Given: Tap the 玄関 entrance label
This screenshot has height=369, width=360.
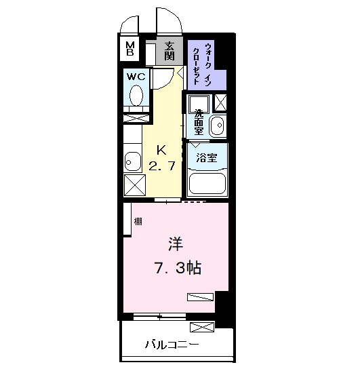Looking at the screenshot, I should (x=169, y=49).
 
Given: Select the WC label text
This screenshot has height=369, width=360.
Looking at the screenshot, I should (x=134, y=77).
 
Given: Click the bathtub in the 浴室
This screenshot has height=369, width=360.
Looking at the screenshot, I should (x=207, y=182).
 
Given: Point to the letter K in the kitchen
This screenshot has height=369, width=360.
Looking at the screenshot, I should (x=162, y=150).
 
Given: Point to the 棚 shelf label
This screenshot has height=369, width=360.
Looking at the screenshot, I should (x=138, y=221).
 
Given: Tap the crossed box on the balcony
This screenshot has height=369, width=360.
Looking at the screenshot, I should (x=203, y=328).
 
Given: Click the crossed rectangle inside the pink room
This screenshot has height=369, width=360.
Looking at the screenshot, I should (x=200, y=296).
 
